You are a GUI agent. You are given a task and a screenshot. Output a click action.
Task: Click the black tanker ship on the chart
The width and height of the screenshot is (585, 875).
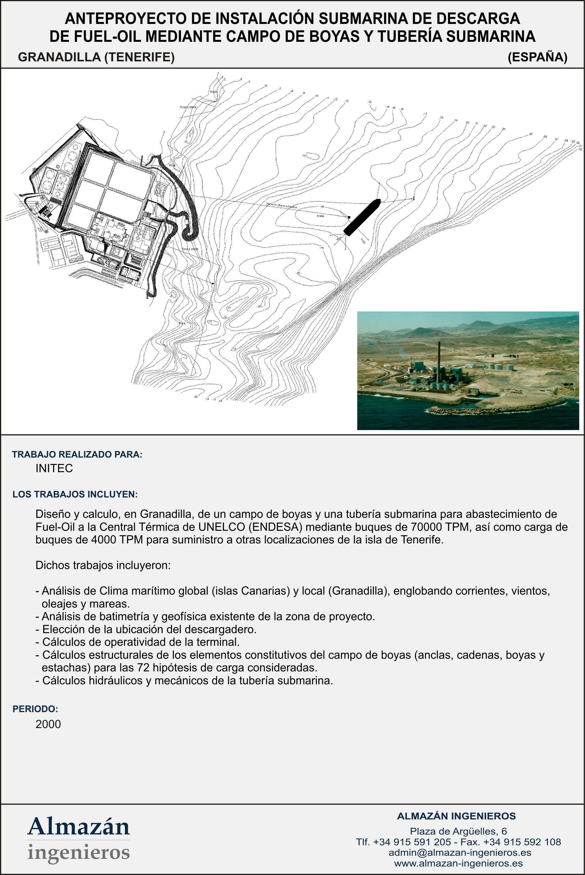[x=361, y=217]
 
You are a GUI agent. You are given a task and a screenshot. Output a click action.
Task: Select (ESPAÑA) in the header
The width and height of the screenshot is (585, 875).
[x=537, y=57]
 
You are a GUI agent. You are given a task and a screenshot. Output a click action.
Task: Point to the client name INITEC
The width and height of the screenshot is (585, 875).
[x=54, y=469]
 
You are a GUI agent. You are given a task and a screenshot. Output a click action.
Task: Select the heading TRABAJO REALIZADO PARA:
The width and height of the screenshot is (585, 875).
[x=77, y=455]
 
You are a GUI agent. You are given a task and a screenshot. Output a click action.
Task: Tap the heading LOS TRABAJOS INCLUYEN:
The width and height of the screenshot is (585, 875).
[x=75, y=494]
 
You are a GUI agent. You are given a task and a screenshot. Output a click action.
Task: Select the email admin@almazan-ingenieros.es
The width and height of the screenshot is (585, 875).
[x=460, y=853]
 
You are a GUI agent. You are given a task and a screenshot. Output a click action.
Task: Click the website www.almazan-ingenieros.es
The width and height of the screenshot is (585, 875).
[x=458, y=863]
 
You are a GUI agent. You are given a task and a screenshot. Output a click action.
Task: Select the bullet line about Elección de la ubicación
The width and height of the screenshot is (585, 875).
[x=146, y=630]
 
